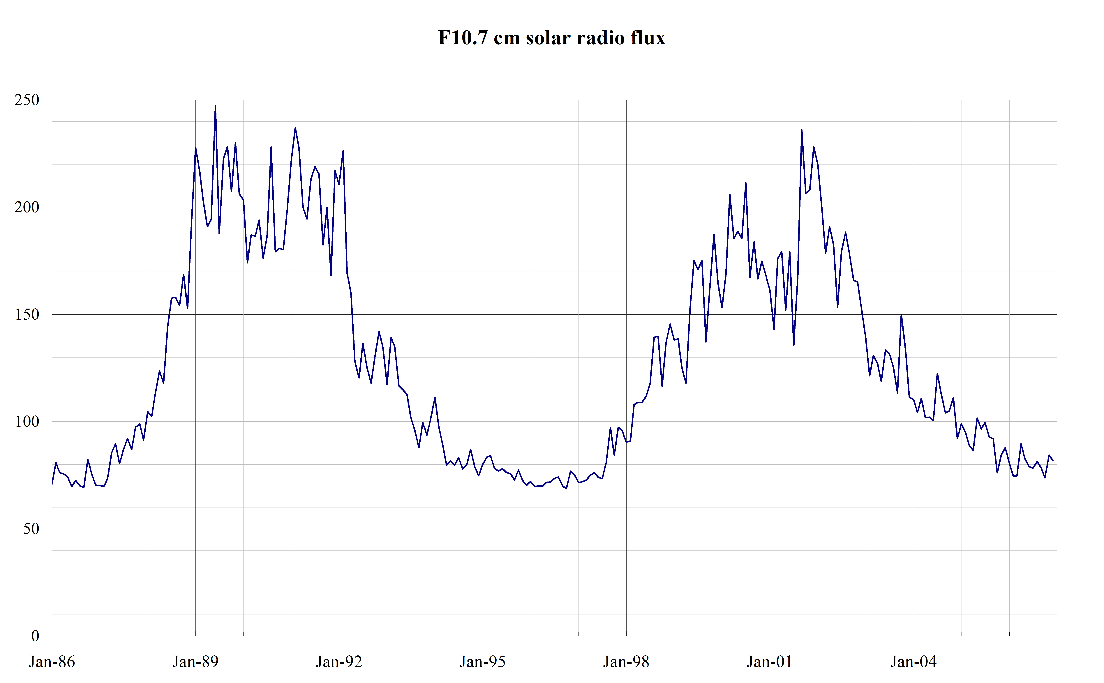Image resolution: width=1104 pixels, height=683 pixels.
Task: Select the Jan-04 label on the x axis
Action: [x=913, y=662]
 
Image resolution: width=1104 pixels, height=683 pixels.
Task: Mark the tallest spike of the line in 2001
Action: [x=802, y=130]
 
